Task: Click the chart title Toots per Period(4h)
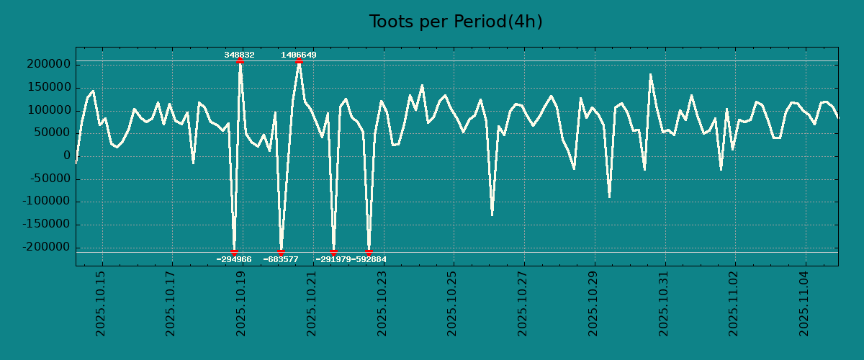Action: coord(455,22)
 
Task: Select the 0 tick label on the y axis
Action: coord(67,156)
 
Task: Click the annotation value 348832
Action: coord(239,55)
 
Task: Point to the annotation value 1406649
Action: coord(298,55)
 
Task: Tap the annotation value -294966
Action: coord(234,259)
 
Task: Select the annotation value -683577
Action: coord(281,259)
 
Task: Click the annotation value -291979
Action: coord(333,259)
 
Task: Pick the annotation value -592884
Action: coord(369,259)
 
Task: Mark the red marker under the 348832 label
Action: coord(240,61)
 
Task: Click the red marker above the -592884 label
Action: coord(369,252)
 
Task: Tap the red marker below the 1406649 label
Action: coord(299,61)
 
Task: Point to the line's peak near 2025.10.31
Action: coord(650,74)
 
